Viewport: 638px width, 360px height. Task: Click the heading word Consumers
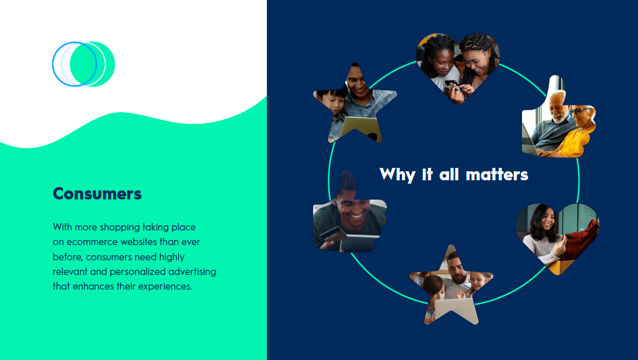[97, 194]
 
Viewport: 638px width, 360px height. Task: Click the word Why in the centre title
[397, 175]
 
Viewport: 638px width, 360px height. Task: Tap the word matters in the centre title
[497, 175]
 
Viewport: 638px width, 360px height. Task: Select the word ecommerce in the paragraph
[92, 242]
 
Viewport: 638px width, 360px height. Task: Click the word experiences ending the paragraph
[165, 286]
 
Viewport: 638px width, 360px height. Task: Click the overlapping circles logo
[83, 64]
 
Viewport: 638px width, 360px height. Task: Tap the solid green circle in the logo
[92, 64]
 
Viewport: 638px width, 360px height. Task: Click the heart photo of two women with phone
[458, 65]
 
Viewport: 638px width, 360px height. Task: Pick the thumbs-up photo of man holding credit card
[350, 214]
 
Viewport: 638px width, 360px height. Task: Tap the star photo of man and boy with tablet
[355, 104]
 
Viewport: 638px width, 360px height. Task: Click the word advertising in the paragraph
[193, 272]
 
